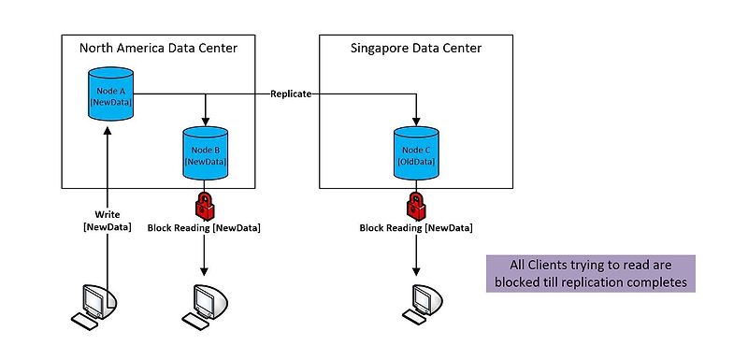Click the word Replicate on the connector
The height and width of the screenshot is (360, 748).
[x=291, y=94]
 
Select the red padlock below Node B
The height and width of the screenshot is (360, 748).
[x=205, y=203]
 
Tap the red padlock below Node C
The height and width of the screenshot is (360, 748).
[x=413, y=203]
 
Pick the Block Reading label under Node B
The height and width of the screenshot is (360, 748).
[x=204, y=227]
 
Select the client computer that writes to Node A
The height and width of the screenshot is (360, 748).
[x=95, y=304]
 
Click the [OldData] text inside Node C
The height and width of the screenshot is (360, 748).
[x=413, y=161]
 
